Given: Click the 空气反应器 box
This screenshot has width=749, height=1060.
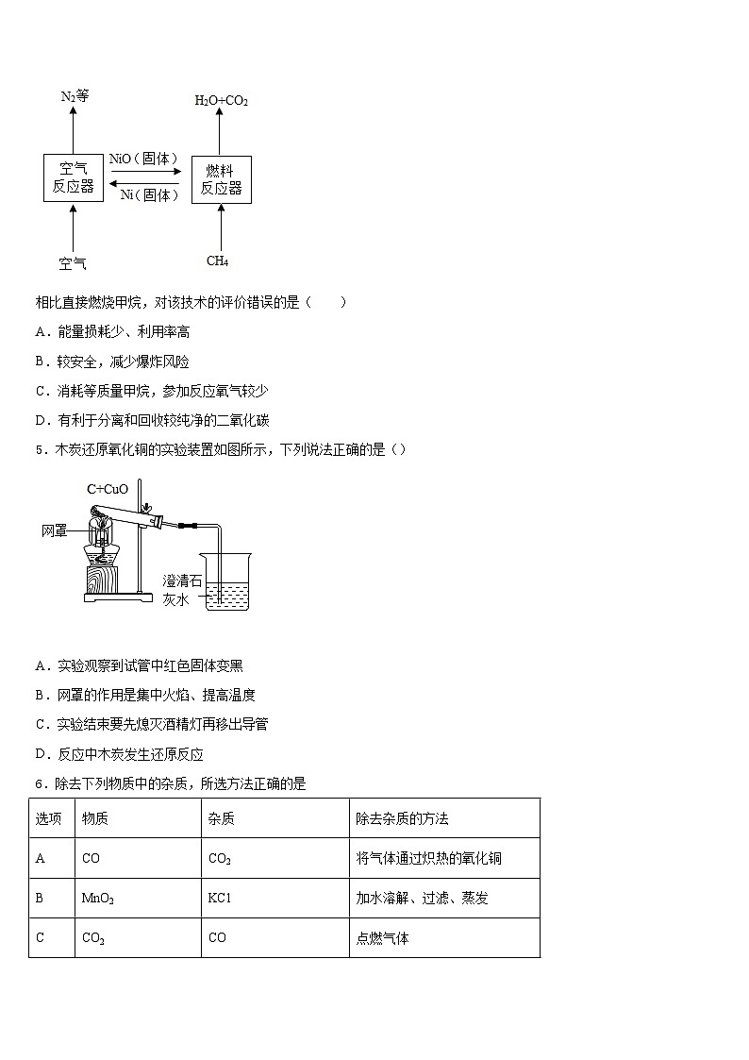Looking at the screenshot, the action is click(73, 177).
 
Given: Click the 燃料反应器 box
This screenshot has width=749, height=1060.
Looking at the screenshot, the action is click(221, 178).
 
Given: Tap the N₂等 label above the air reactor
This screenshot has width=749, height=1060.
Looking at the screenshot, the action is click(74, 96).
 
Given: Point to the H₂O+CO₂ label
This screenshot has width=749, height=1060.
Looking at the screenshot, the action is click(221, 100).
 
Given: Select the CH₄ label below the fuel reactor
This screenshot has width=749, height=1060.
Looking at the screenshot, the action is click(218, 261).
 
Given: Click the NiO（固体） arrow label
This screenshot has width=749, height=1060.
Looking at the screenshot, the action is click(144, 159).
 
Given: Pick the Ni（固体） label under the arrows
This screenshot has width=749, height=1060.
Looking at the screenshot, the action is click(149, 195).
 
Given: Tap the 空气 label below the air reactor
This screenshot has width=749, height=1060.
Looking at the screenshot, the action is click(73, 263).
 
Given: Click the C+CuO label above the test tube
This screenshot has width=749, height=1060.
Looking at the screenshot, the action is click(107, 489).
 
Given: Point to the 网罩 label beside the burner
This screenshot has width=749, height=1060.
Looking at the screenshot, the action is click(55, 531).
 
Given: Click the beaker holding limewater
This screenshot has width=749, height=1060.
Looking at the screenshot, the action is click(227, 585).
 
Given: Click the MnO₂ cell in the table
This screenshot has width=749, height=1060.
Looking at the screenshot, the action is click(98, 899).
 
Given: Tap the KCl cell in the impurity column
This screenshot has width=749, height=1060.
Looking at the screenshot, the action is click(219, 899).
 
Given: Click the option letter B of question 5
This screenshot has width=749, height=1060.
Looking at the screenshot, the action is click(41, 696).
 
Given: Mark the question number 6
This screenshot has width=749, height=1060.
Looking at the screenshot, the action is click(39, 783).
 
